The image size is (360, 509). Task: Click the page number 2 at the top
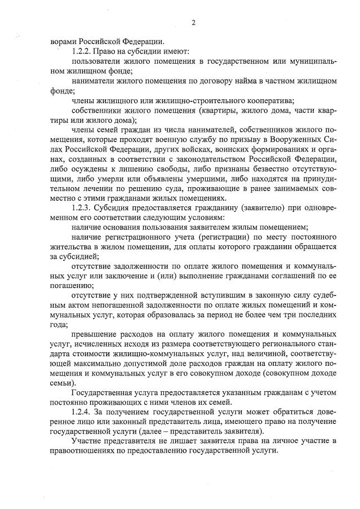(193, 23)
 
